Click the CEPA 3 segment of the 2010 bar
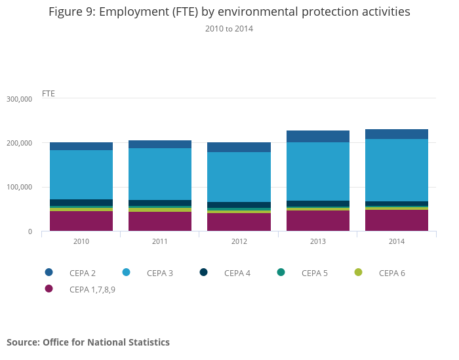[81, 174]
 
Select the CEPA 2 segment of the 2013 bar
[318, 136]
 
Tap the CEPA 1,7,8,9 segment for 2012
[239, 222]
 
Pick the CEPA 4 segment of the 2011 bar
[160, 203]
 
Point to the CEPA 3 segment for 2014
[397, 170]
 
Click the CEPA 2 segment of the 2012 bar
[239, 147]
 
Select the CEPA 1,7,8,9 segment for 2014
[397, 220]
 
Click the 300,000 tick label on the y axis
[19, 99]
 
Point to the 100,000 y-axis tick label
[19, 188]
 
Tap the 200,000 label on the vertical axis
[19, 143]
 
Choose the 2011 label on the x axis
[160, 241]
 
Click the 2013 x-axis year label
[318, 241]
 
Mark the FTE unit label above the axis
[49, 93]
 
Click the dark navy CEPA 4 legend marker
[203, 273]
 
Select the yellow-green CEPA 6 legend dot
[358, 273]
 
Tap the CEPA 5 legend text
[315, 273]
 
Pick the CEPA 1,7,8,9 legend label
[92, 289]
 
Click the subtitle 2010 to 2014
[229, 29]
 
